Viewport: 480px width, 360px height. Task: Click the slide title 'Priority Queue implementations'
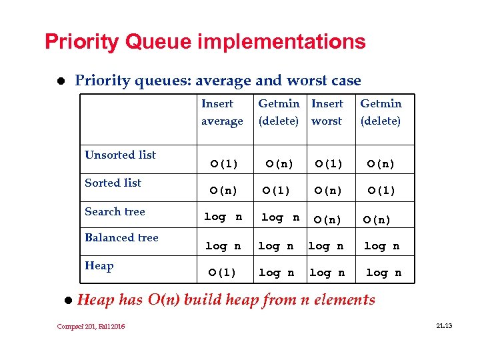pyautogui.click(x=205, y=42)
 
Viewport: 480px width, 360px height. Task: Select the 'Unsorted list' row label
pyautogui.click(x=120, y=155)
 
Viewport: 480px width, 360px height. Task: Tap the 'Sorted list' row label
pyautogui.click(x=113, y=183)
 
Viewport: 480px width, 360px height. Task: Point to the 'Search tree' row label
pyautogui.click(x=115, y=211)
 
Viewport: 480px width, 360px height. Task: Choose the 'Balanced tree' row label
pyautogui.click(x=121, y=237)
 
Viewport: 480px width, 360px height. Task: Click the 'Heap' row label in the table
pyautogui.click(x=99, y=265)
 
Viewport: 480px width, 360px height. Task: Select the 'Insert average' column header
pyautogui.click(x=222, y=112)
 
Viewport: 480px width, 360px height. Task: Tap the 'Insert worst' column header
pyautogui.click(x=327, y=112)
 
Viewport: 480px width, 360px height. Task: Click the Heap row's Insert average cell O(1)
pyautogui.click(x=223, y=272)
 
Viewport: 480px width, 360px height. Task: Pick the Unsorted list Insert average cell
pyautogui.click(x=224, y=163)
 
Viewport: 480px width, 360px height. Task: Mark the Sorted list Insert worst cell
pyautogui.click(x=329, y=191)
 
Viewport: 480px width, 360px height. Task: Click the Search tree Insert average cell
pyautogui.click(x=223, y=217)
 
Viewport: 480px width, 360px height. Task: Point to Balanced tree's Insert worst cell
pyautogui.click(x=326, y=246)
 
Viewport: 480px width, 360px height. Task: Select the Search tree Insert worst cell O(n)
pyautogui.click(x=329, y=220)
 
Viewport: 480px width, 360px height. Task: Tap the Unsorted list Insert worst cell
pyautogui.click(x=329, y=163)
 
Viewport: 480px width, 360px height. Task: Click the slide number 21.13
pyautogui.click(x=443, y=325)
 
